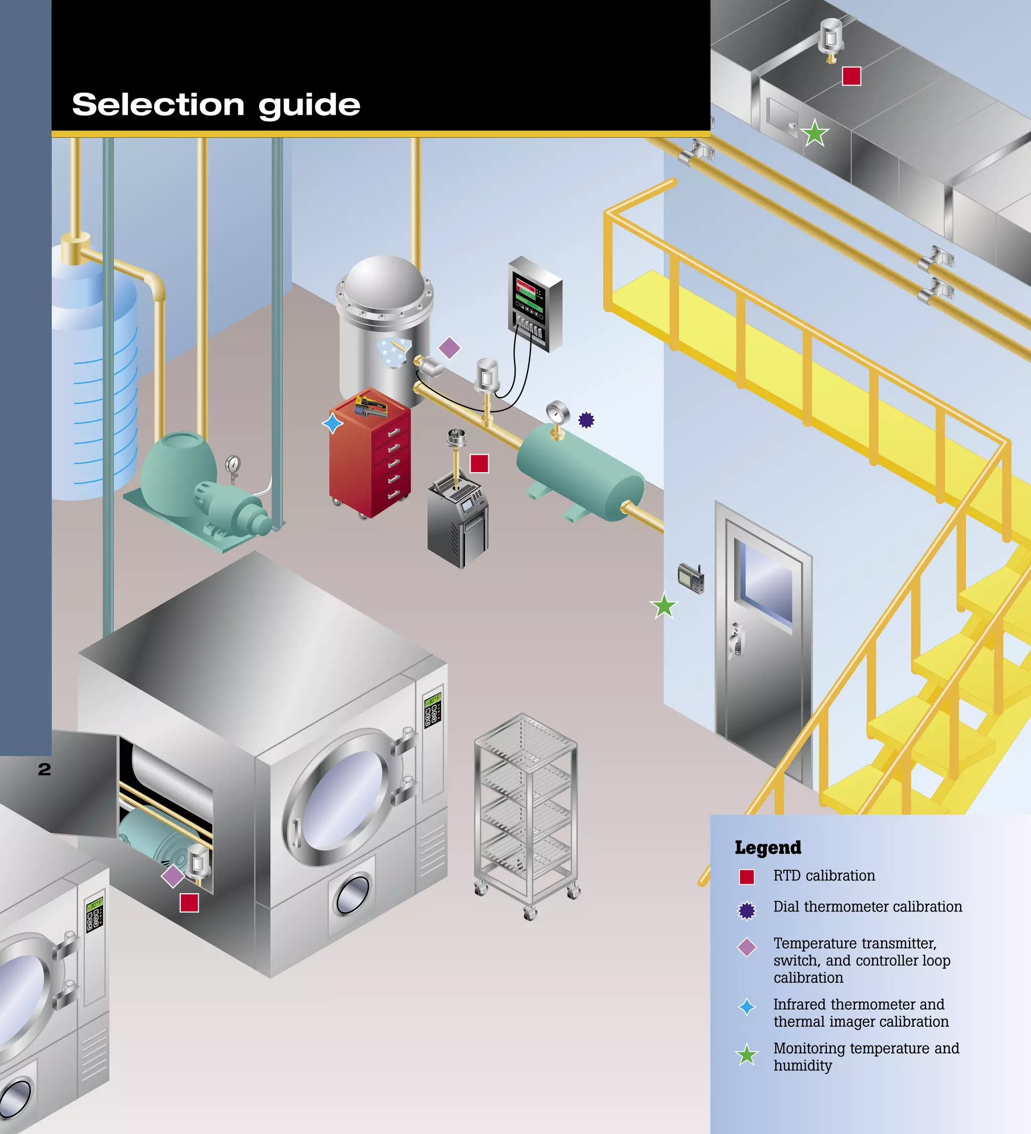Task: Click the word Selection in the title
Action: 158,105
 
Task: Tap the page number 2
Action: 44,770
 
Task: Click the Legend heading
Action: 768,848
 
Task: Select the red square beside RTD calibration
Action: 747,877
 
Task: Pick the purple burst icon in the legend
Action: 747,911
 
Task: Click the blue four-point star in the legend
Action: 747,1007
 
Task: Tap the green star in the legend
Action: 747,1054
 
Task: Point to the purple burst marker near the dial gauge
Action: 586,420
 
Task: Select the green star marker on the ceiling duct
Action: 815,133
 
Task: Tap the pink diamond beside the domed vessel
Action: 449,348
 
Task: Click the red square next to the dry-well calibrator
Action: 479,464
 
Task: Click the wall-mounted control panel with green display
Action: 534,304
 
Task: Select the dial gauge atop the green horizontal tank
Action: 557,414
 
